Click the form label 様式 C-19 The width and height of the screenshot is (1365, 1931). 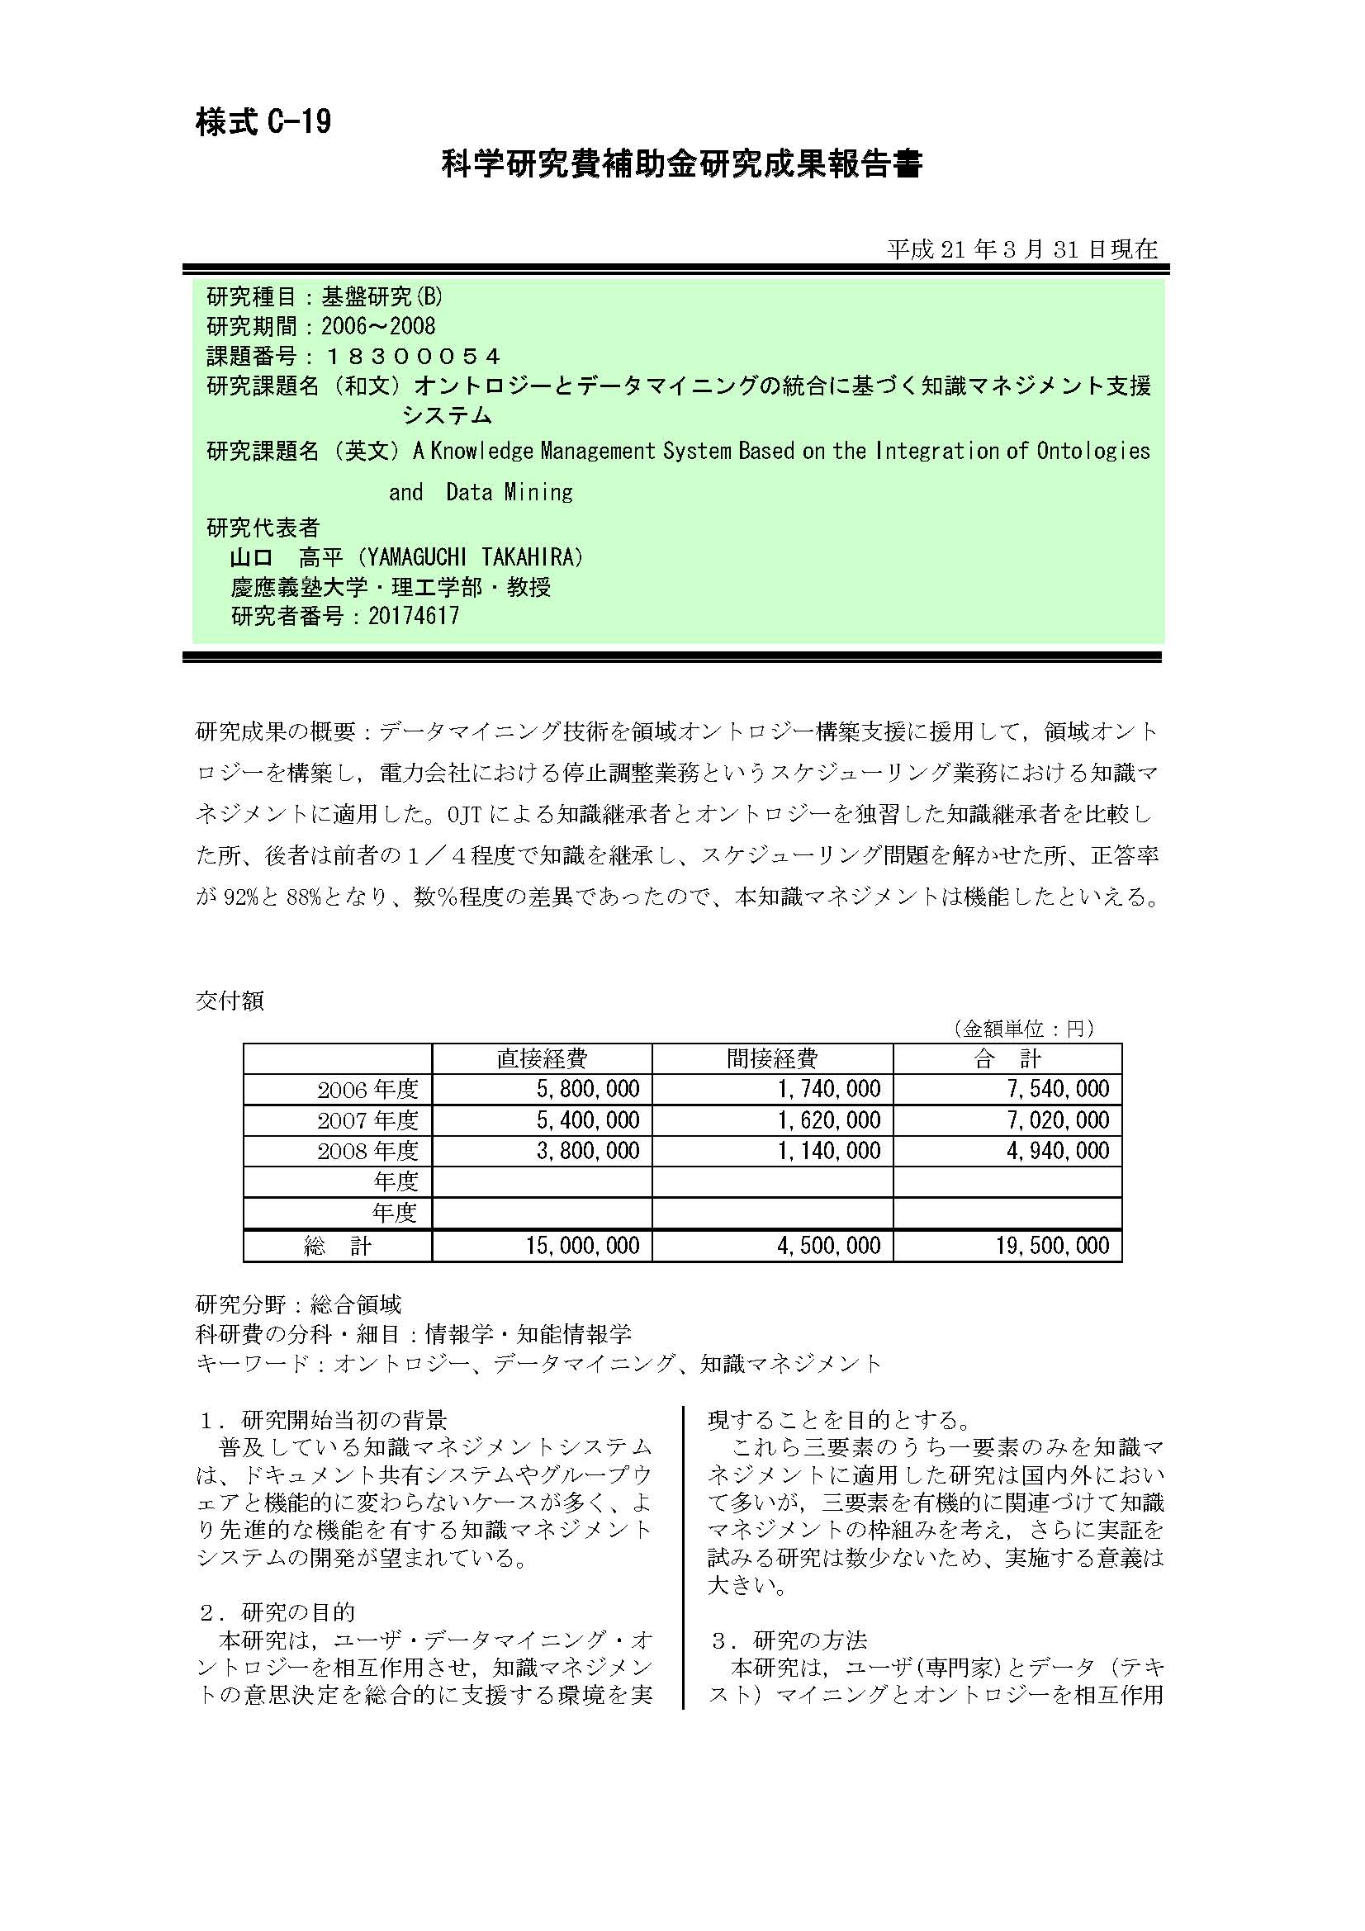(263, 123)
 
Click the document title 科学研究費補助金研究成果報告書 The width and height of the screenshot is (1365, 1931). (682, 164)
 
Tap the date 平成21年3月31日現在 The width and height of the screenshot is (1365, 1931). (1021, 249)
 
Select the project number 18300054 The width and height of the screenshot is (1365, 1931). (412, 356)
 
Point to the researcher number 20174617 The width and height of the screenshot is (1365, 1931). (414, 616)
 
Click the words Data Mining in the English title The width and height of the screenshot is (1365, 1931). (509, 492)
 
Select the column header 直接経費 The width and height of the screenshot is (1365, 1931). (542, 1058)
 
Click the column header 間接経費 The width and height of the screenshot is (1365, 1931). (772, 1058)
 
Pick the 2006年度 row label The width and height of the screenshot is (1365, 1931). (367, 1089)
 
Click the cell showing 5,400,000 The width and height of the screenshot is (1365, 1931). (588, 1119)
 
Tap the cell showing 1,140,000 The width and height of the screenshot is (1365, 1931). (828, 1150)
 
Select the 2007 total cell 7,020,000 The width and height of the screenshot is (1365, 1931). (1058, 1119)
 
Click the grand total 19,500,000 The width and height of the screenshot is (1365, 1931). (1052, 1245)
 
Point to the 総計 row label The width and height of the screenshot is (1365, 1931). (337, 1246)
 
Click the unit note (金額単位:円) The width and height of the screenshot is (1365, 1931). (1022, 1028)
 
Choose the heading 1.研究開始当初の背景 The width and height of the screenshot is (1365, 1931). (323, 1421)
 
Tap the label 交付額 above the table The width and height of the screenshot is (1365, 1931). (230, 1000)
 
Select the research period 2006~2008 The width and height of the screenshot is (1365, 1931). (378, 326)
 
